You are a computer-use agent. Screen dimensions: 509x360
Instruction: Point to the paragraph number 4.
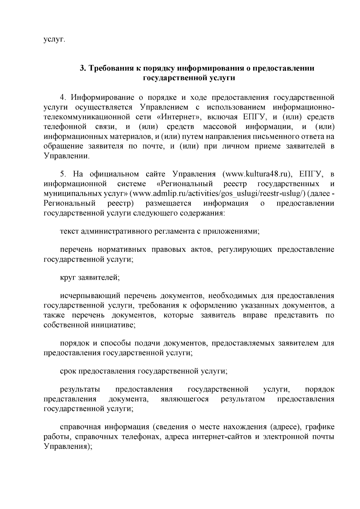coord(63,98)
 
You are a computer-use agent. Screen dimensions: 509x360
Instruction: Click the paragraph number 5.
coord(63,174)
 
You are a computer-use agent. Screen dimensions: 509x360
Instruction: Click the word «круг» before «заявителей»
coord(68,278)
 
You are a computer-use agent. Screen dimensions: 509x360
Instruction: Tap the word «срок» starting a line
coord(68,371)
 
